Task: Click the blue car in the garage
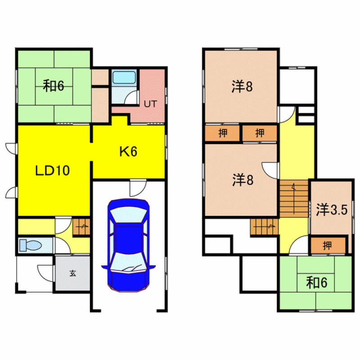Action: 128,245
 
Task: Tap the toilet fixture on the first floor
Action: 30,245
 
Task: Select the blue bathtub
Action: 124,77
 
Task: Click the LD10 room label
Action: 52,171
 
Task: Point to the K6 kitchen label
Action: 128,152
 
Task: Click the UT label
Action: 150,104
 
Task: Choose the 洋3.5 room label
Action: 332,209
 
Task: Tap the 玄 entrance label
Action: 73,273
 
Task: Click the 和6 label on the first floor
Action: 54,85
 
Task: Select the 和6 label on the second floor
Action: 317,283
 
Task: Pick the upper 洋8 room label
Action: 242,86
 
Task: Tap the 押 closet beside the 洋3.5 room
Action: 328,246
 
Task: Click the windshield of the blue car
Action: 128,215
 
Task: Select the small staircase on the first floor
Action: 81,227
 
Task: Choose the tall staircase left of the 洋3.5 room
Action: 294,199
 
